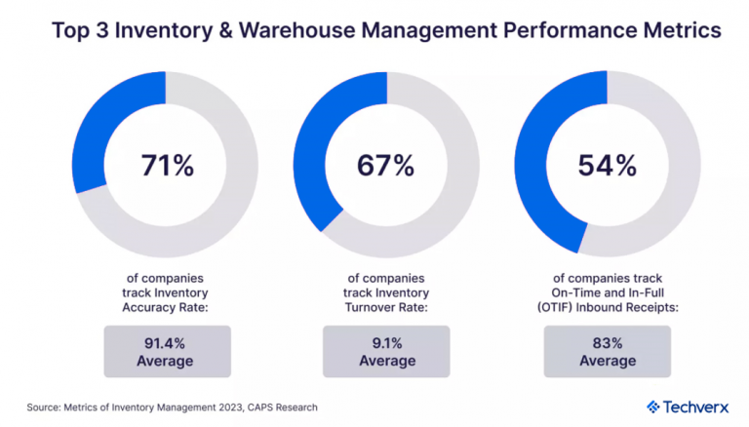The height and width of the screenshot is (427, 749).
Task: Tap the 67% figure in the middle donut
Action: tap(385, 165)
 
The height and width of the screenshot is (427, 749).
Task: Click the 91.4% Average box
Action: tap(166, 351)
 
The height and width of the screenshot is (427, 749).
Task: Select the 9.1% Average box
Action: tap(385, 351)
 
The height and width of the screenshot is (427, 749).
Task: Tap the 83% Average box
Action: tap(607, 351)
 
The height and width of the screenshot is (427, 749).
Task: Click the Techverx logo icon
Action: tap(652, 407)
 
